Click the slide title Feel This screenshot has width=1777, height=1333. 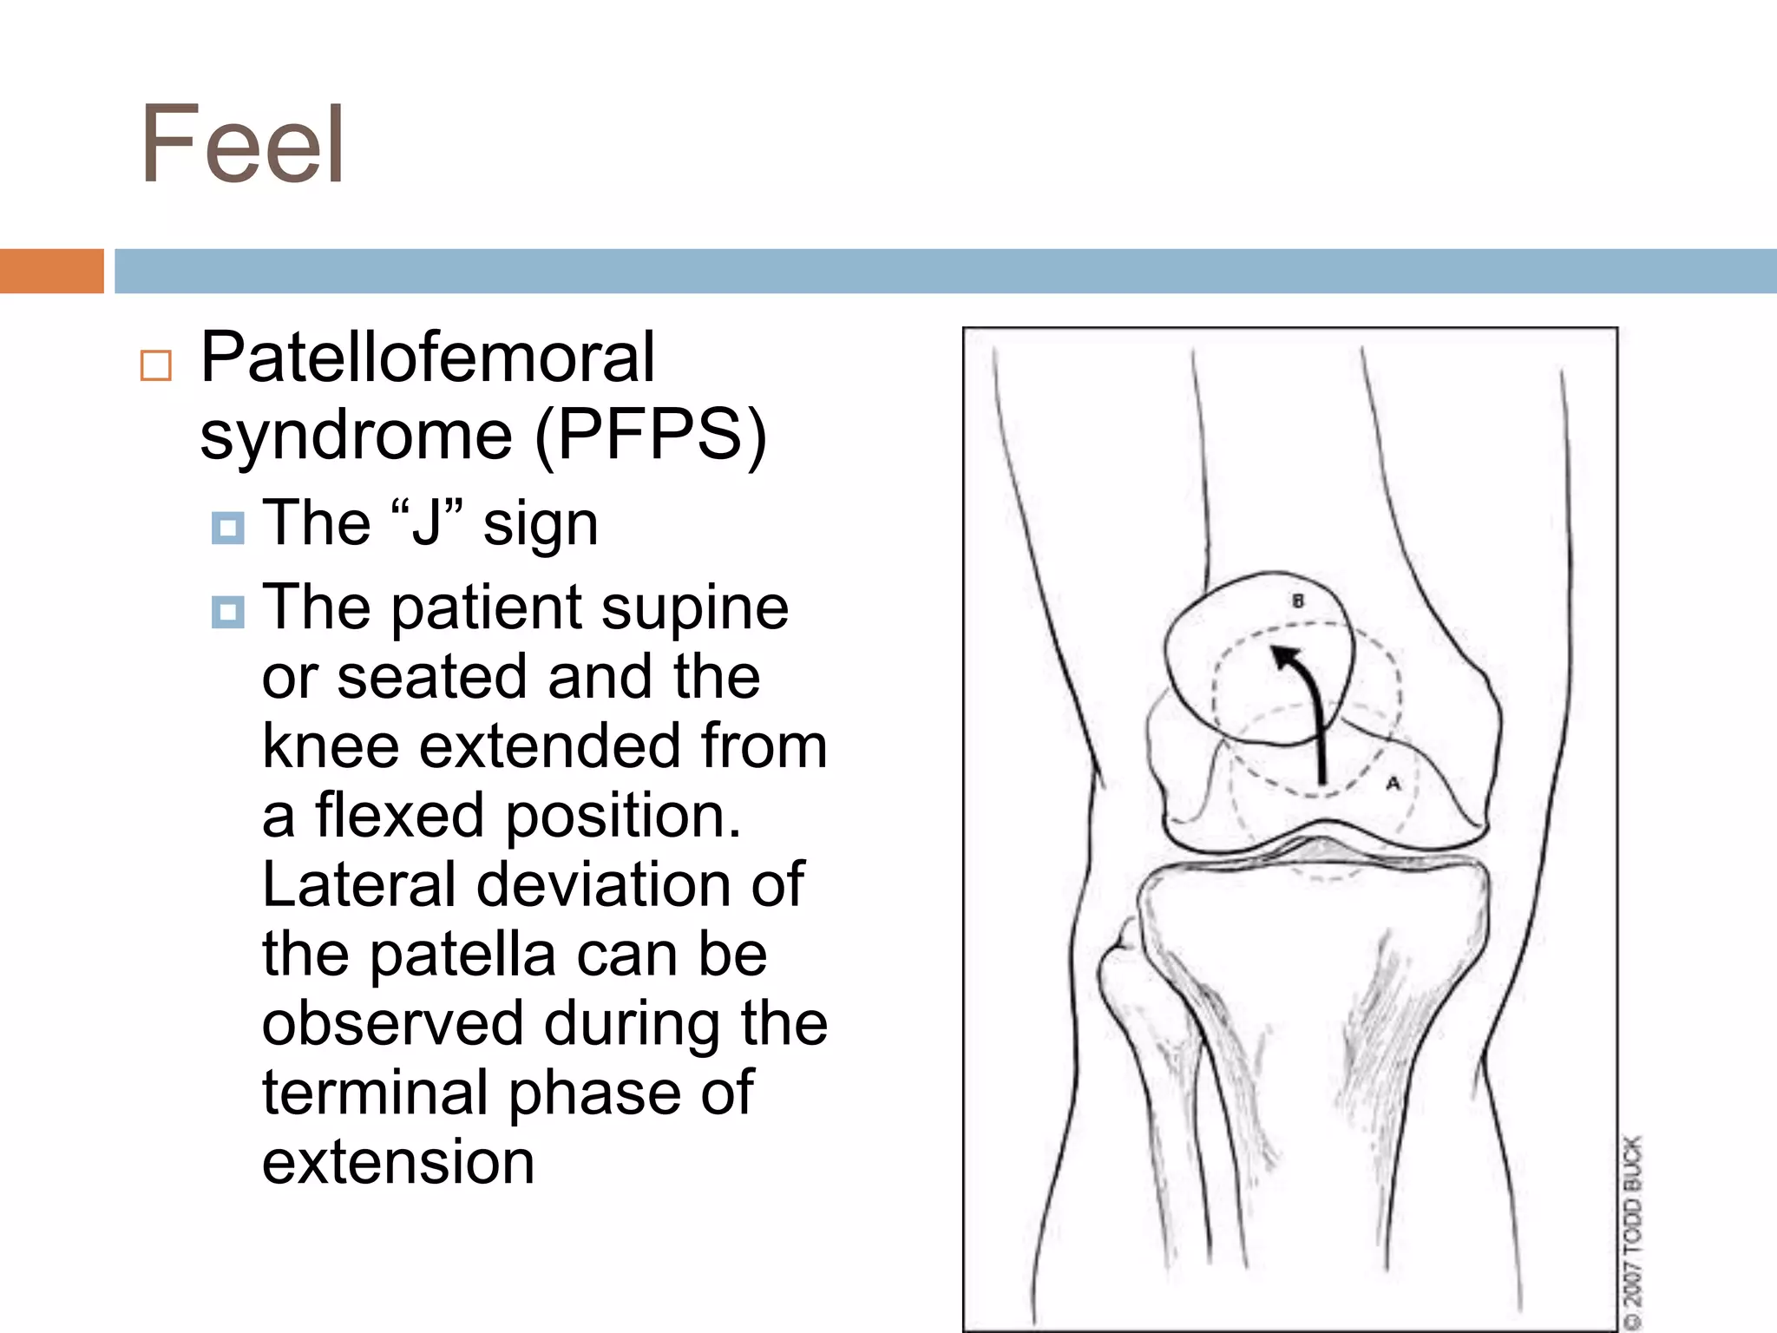[243, 145]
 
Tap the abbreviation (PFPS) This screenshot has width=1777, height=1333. [651, 434]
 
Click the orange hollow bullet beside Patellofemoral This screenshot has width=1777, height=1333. [156, 365]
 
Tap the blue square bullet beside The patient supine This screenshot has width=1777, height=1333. [228, 612]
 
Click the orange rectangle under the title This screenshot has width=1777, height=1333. [51, 271]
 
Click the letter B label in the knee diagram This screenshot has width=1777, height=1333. [1298, 601]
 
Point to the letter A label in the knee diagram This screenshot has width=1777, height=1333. [1393, 784]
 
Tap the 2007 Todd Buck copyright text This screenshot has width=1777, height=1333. [1633, 1232]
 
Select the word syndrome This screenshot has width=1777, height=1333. [357, 434]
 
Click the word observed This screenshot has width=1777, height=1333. [393, 1023]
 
